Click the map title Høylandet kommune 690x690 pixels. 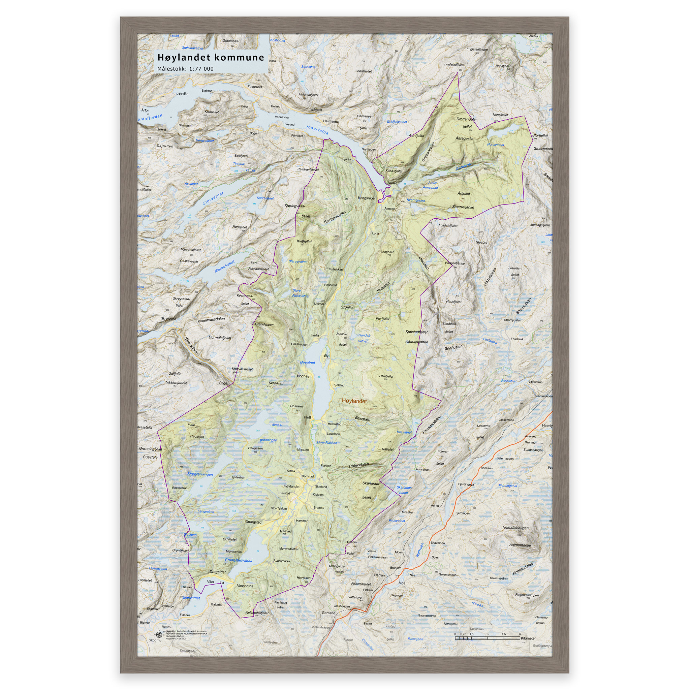click(x=211, y=58)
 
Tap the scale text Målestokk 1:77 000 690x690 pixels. click(x=185, y=69)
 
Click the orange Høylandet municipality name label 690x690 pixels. click(x=354, y=401)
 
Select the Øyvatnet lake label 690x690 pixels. click(x=308, y=363)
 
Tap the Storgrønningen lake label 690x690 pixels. click(x=200, y=475)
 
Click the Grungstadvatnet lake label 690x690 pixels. click(x=239, y=560)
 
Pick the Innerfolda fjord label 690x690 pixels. click(x=317, y=130)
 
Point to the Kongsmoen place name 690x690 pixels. click(x=367, y=198)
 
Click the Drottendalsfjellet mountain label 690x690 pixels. click(x=466, y=123)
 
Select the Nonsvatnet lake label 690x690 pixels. click(x=496, y=145)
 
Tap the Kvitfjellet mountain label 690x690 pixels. click(x=304, y=242)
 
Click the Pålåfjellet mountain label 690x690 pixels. click(x=386, y=376)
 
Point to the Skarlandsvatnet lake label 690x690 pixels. click(x=404, y=490)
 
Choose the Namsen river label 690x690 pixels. click(x=420, y=550)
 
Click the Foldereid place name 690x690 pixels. click(x=255, y=87)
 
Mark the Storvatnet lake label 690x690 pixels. click(x=213, y=198)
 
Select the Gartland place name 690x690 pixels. click(x=328, y=613)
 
